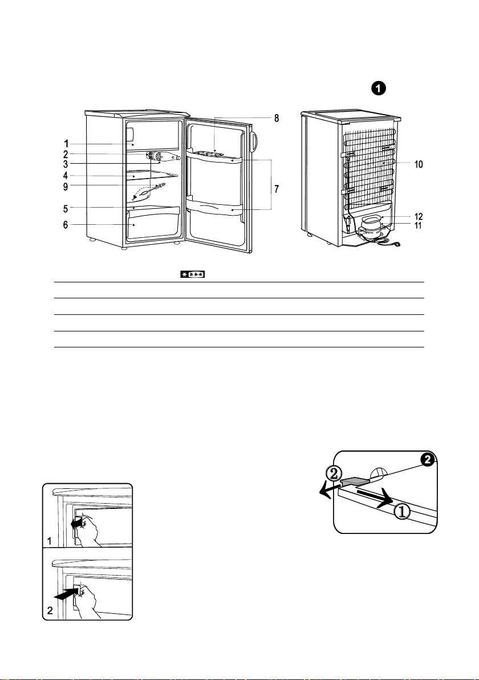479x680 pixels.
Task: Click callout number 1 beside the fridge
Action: (x=66, y=144)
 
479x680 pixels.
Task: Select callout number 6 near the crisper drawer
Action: (x=66, y=225)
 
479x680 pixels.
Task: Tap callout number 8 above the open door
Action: (x=277, y=118)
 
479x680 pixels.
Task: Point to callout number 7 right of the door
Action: (x=277, y=189)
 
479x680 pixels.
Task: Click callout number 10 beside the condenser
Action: (x=419, y=164)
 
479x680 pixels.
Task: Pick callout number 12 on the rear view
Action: (x=419, y=216)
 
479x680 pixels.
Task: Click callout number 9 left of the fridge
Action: (x=66, y=187)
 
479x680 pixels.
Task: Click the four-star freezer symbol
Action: (x=193, y=274)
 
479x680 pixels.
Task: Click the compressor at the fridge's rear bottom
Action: (x=370, y=225)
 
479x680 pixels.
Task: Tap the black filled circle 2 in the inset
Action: (x=428, y=460)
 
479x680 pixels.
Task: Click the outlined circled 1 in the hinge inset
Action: (x=402, y=512)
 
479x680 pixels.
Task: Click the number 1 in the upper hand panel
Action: (x=50, y=541)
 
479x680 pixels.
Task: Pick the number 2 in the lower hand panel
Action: (x=50, y=610)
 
